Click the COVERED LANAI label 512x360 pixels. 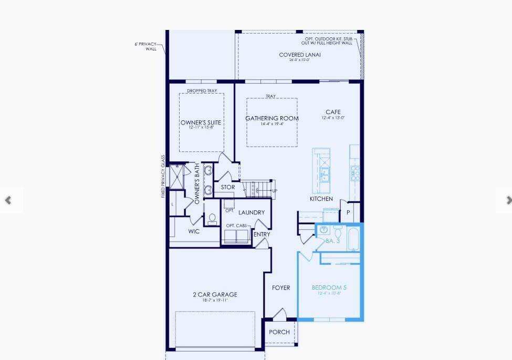299,55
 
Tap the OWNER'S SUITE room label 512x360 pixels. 201,122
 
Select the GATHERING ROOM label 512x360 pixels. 272,118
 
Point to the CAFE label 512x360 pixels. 333,112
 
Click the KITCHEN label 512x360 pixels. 321,199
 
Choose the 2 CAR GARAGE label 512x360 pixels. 215,294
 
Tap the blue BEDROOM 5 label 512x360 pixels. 329,287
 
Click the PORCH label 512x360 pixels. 279,332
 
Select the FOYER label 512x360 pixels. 281,287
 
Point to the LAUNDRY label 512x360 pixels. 252,212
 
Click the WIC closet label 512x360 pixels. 194,231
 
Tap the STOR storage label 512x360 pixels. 228,187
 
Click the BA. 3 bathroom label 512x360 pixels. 333,241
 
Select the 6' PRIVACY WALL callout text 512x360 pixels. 146,46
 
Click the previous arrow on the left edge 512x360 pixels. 8,200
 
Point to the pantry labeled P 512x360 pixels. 348,212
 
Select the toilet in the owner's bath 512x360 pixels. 213,219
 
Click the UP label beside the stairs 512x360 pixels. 275,191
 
